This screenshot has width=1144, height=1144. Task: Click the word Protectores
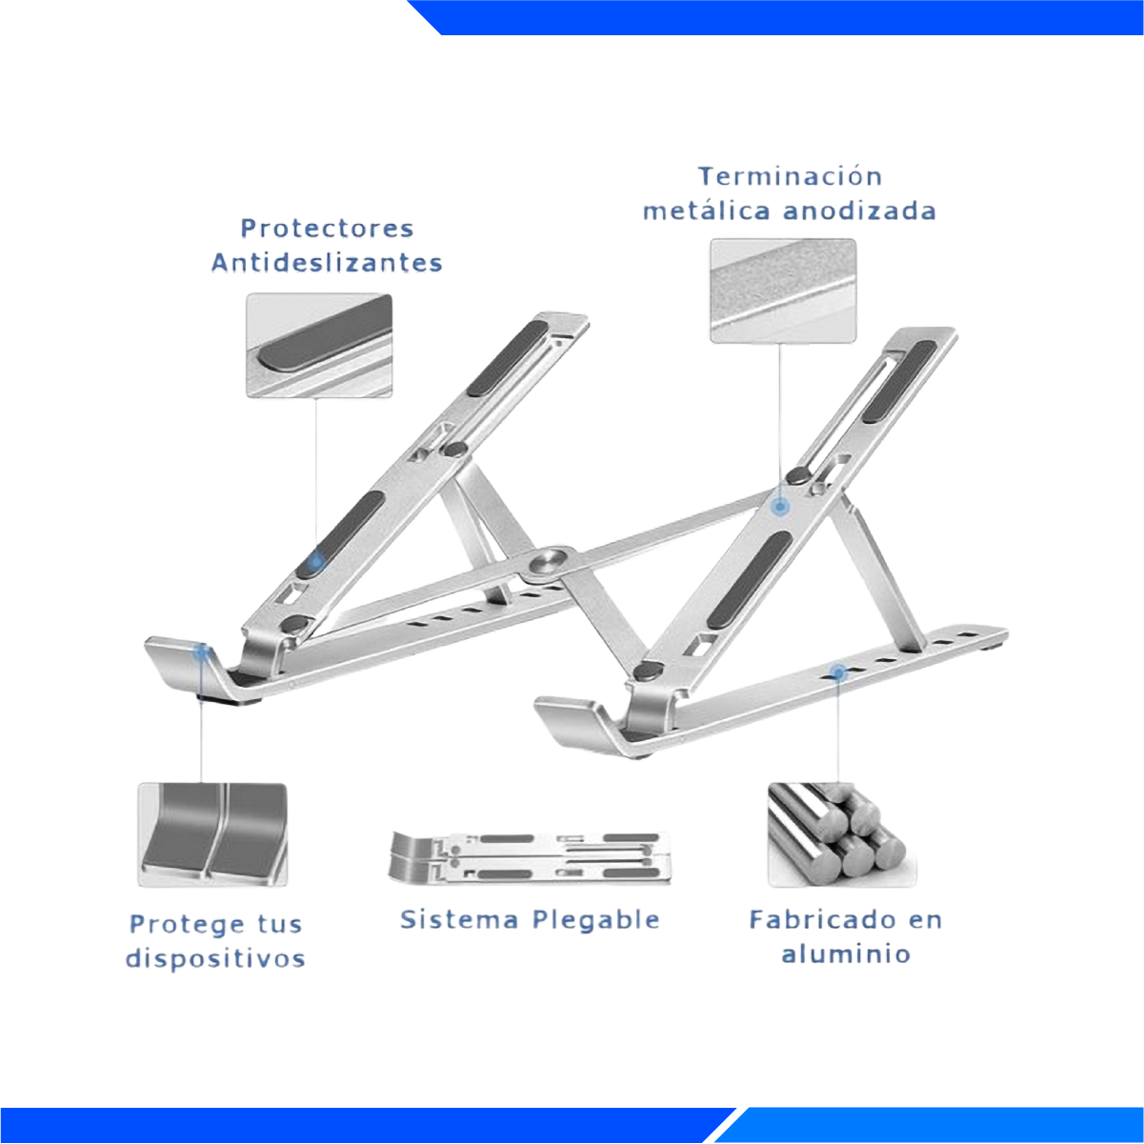327,229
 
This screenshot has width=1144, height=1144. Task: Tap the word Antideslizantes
327,262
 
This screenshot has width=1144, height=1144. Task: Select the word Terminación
791,176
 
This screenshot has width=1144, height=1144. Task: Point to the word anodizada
859,211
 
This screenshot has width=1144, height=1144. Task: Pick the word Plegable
595,920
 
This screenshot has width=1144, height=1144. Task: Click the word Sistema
459,920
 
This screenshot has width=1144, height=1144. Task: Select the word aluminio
846,954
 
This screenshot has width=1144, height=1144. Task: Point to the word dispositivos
215,959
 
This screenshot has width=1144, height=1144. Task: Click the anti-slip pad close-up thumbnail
319,345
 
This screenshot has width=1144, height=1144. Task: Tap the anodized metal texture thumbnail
783,291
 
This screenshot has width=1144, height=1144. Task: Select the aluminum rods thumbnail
842,834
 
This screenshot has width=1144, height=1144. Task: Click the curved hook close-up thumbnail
212,834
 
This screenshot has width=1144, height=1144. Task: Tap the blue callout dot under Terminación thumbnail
780,507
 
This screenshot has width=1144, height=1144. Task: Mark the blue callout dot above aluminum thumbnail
838,672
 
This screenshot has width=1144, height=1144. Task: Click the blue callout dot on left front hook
201,652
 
